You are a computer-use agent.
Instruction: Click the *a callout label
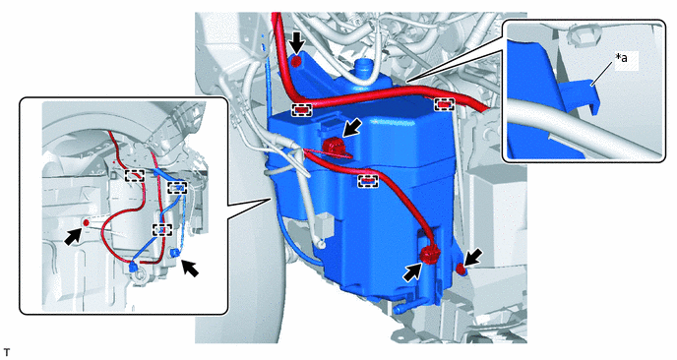tap(621, 58)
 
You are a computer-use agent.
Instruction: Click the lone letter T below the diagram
tap(7, 353)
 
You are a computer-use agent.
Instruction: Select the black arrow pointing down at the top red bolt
tap(297, 44)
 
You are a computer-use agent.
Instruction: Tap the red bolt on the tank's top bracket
tap(296, 62)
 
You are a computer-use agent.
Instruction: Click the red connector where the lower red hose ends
tap(429, 255)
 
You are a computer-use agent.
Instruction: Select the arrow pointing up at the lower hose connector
tap(412, 271)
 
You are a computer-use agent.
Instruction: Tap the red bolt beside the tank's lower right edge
tap(461, 270)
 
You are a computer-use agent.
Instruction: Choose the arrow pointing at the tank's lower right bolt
tap(474, 258)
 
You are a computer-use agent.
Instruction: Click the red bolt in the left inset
tap(86, 222)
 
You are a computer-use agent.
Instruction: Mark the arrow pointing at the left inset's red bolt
tap(73, 236)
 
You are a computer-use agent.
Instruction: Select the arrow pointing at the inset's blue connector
tap(190, 268)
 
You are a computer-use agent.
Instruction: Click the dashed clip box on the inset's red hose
tap(134, 175)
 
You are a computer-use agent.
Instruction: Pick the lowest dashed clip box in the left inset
tap(162, 229)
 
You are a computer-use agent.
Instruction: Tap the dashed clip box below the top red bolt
tap(301, 110)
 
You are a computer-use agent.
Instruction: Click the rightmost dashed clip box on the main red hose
tap(445, 103)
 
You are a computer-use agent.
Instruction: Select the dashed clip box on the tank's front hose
tap(368, 181)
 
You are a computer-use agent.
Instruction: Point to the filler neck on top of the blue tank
tap(364, 69)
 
